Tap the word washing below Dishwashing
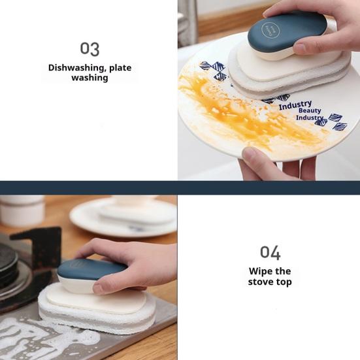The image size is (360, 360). [x=90, y=78]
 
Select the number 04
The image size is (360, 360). [x=270, y=252]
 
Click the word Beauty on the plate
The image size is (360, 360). [x=310, y=111]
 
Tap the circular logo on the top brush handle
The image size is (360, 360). [x=270, y=30]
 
